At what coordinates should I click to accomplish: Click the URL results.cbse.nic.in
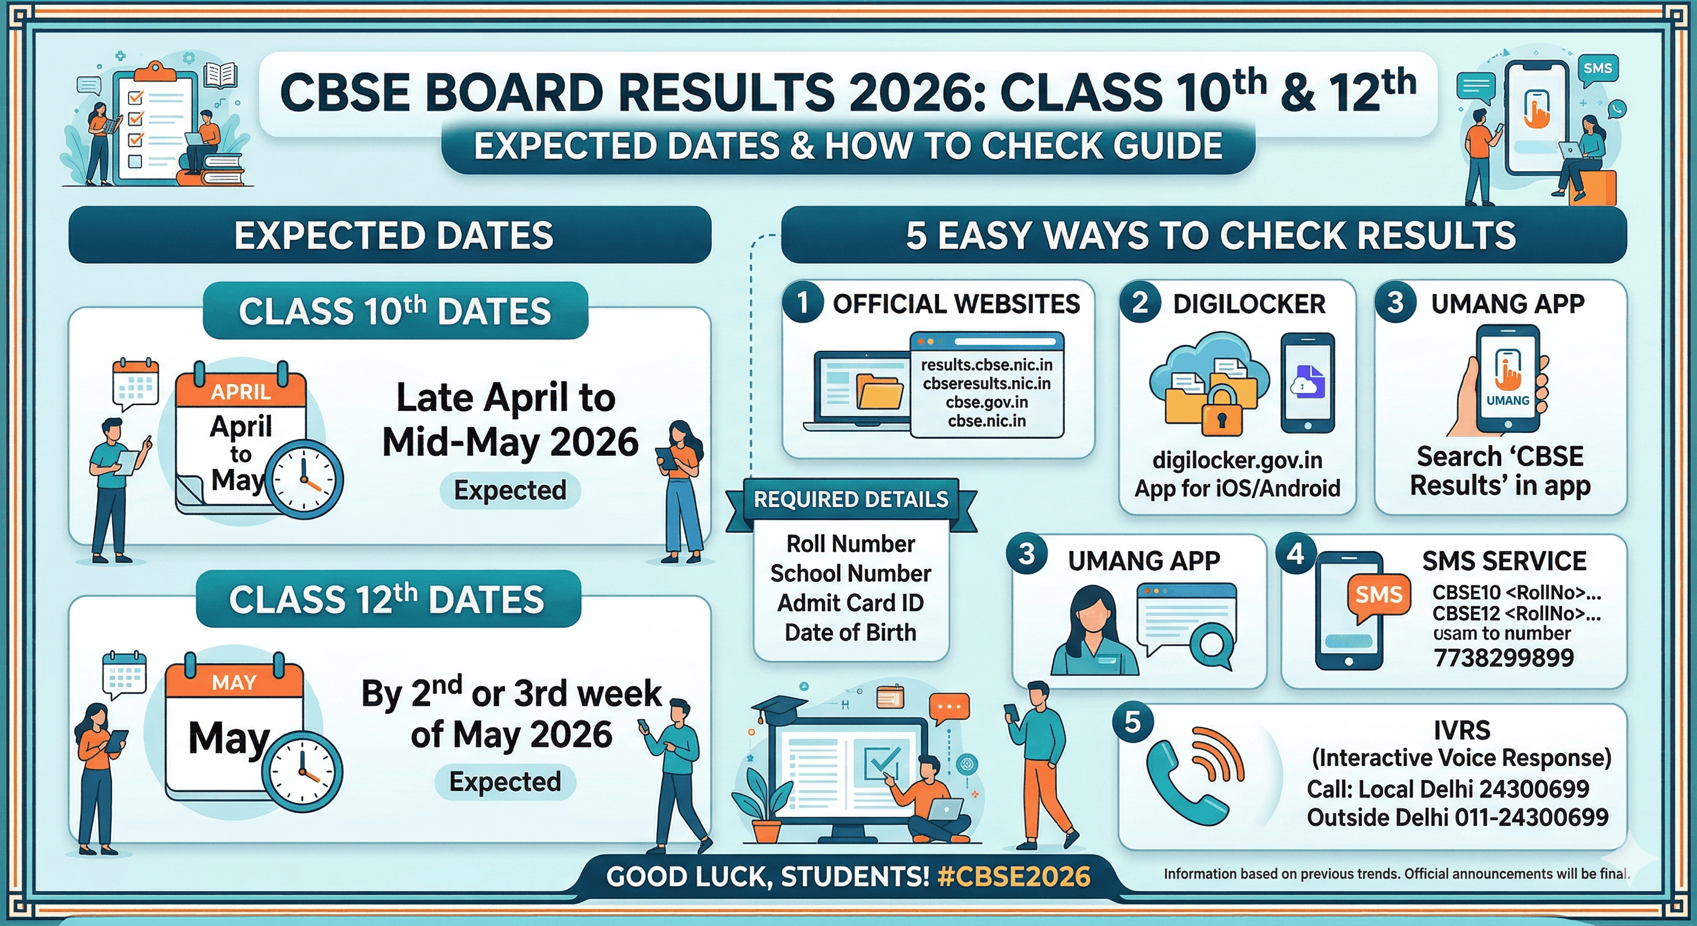[986, 365]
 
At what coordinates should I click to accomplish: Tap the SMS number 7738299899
[1504, 657]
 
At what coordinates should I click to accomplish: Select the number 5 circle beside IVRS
[1132, 722]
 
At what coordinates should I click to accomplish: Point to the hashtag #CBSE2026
[1014, 876]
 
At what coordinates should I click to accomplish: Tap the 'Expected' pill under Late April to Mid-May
[510, 490]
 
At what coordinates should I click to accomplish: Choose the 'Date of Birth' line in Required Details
[850, 632]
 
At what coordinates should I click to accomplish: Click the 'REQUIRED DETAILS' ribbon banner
[850, 500]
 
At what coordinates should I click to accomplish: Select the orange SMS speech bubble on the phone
[1378, 595]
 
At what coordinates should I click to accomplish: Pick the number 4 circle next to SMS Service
[1295, 553]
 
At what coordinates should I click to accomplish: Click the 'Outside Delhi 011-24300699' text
[1457, 817]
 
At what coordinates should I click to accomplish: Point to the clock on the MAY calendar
[303, 771]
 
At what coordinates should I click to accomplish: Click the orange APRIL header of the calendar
[241, 391]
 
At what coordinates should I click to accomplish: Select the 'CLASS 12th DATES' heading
[387, 599]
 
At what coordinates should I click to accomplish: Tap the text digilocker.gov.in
[1237, 460]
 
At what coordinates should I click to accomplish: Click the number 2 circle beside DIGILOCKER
[1140, 303]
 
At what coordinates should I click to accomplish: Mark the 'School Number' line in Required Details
[850, 573]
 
